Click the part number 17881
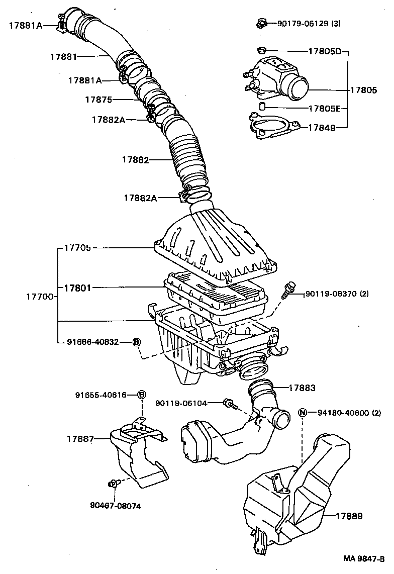click(63, 57)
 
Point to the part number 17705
click(77, 248)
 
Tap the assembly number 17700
click(40, 297)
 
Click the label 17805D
click(325, 51)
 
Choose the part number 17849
click(321, 128)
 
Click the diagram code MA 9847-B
click(364, 558)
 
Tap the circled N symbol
click(303, 413)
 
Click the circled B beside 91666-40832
click(137, 342)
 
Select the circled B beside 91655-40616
click(142, 395)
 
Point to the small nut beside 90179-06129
click(261, 23)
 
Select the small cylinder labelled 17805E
click(262, 107)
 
